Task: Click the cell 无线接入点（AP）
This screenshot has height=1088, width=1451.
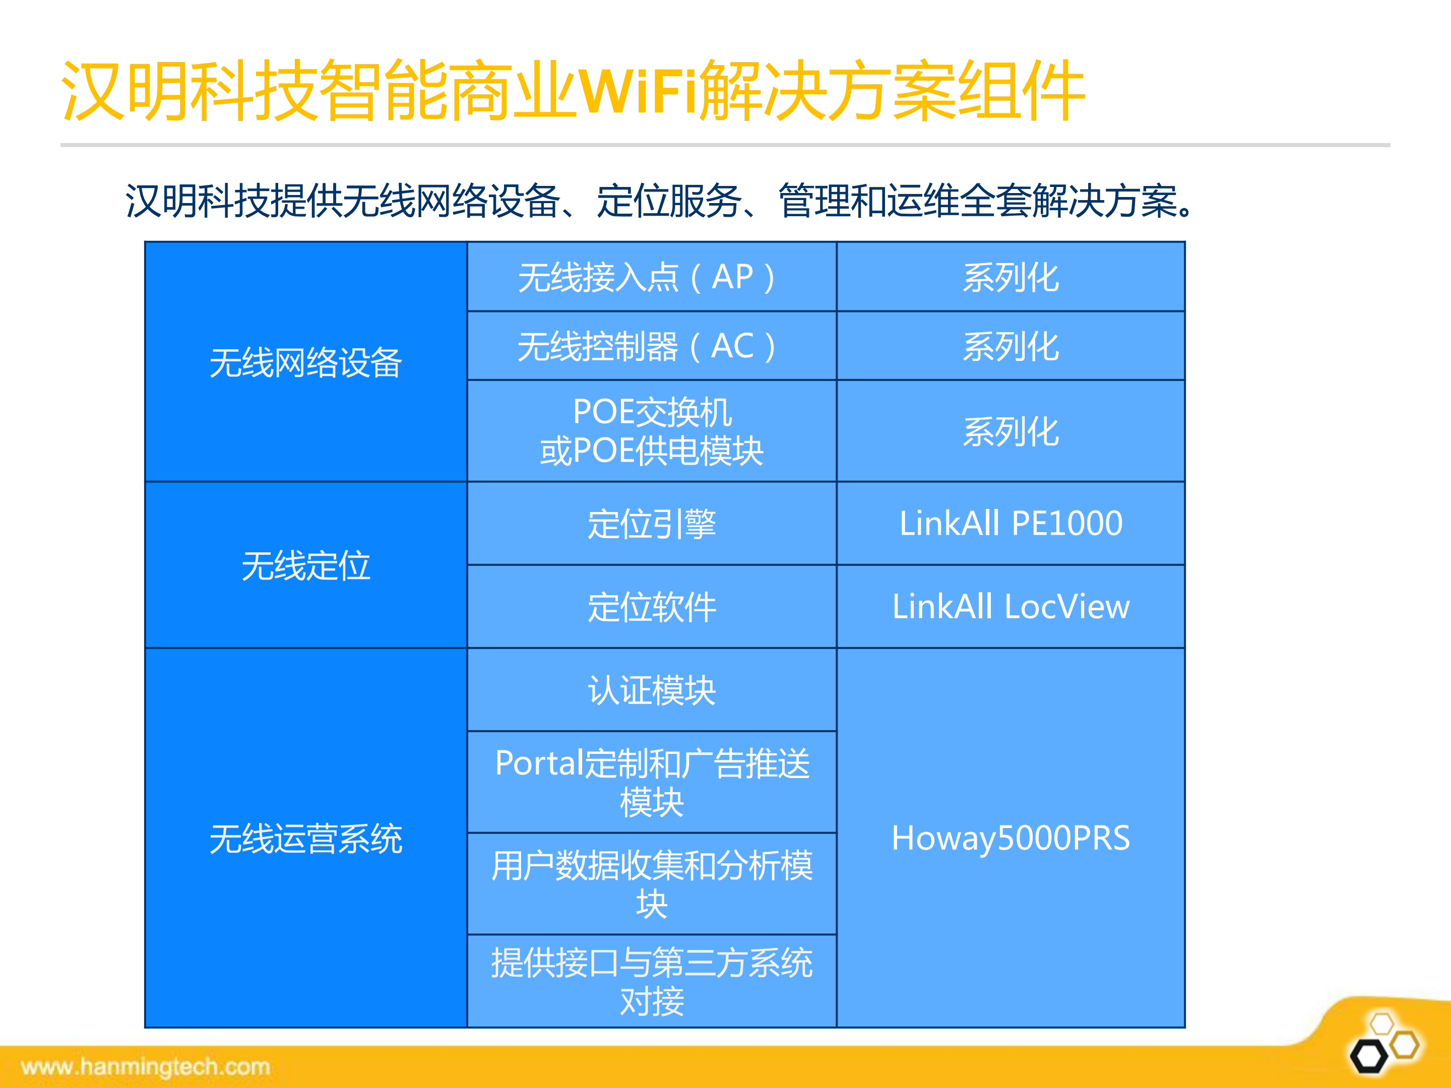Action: tap(651, 277)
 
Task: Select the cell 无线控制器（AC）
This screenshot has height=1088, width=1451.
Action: tap(651, 346)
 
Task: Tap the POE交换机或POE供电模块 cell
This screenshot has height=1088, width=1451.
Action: tap(651, 431)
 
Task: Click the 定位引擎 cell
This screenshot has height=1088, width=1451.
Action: tap(651, 524)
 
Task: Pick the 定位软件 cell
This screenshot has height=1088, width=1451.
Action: tap(651, 607)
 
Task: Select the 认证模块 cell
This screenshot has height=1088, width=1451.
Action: tap(651, 690)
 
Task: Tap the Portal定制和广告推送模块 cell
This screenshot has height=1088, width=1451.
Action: tap(651, 782)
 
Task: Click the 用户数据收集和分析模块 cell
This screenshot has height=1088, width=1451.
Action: tap(651, 883)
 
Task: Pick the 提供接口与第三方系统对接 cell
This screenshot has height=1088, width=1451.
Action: tap(651, 981)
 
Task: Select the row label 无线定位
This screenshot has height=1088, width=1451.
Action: tap(306, 565)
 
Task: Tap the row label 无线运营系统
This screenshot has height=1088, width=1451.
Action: tap(306, 838)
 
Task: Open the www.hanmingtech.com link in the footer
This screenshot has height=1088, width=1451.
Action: tap(146, 1067)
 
